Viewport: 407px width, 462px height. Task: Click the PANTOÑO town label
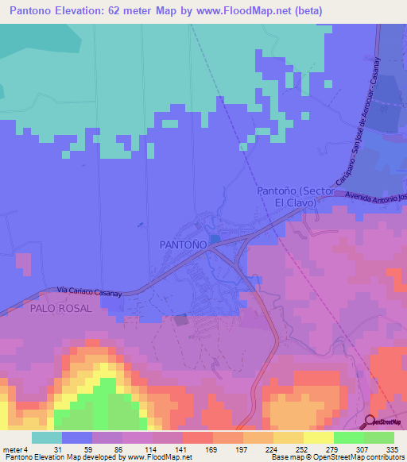tap(184, 244)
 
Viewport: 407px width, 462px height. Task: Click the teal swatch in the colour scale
tap(46, 437)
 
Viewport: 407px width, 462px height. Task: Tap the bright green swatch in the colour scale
tap(348, 437)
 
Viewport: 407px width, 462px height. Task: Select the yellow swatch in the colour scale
tap(318, 437)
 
